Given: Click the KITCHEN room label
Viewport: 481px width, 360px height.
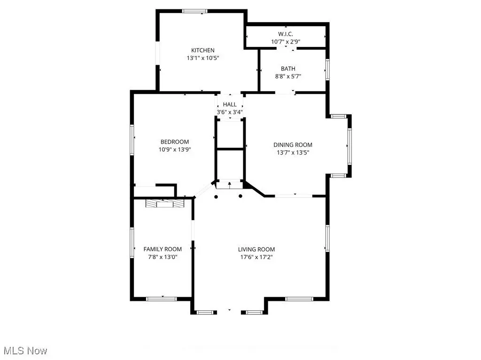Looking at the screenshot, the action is [203, 50].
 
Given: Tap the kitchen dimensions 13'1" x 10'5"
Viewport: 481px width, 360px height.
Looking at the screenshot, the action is [203, 58].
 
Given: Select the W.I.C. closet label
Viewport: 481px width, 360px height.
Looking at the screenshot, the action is [286, 34].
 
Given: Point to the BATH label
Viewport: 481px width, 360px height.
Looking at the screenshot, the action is [288, 69].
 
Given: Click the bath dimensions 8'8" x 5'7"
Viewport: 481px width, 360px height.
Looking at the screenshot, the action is [288, 77].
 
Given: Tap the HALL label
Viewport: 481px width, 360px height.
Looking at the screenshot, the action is [230, 105].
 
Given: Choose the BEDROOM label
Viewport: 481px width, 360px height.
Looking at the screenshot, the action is [175, 142].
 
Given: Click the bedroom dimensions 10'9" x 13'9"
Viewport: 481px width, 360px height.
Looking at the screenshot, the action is [175, 150].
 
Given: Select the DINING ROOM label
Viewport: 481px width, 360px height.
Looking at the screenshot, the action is [293, 145].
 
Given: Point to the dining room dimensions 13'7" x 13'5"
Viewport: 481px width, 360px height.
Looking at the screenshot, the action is [293, 153].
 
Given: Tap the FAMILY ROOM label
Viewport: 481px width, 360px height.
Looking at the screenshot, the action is [163, 249].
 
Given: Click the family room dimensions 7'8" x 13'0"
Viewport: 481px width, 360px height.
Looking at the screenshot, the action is [163, 257].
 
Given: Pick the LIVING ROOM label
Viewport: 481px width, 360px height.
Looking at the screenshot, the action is [256, 250].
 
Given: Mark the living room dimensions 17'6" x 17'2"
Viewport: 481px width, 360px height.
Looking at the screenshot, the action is [256, 257].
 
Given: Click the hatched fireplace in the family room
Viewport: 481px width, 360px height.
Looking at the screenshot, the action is [164, 204].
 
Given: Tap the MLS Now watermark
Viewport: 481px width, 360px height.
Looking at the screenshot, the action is [25, 351].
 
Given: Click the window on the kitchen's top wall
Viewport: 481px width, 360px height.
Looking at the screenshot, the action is [194, 11].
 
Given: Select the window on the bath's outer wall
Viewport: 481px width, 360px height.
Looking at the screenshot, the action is [327, 69].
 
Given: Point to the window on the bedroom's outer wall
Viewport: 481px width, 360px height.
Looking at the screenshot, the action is [132, 139].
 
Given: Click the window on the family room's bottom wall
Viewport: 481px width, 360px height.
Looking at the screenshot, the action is [162, 299].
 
